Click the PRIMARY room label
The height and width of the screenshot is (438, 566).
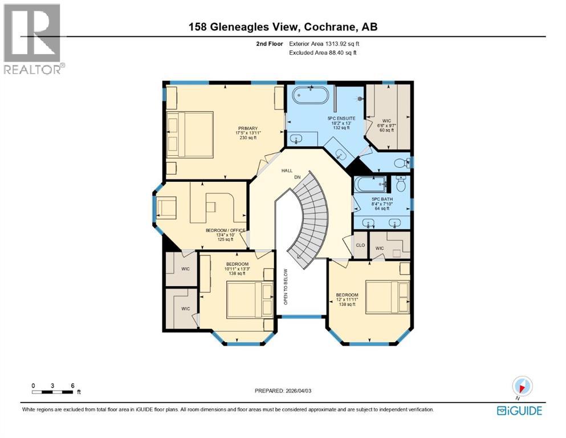(249, 128)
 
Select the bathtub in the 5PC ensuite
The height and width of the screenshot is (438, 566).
(310, 95)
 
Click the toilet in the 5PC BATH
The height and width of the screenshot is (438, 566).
(401, 184)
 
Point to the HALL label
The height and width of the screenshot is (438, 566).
(287, 171)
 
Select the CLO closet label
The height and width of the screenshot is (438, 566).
(360, 246)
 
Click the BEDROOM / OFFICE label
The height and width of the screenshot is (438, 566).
(225, 230)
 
